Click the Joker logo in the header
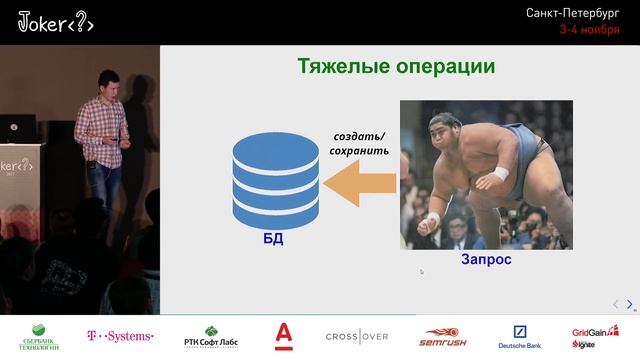tap(56, 23)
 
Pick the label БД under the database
tap(273, 240)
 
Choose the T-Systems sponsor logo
tap(121, 336)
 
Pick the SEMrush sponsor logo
tap(444, 336)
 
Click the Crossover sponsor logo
tap(356, 336)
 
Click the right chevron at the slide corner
tap(629, 304)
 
